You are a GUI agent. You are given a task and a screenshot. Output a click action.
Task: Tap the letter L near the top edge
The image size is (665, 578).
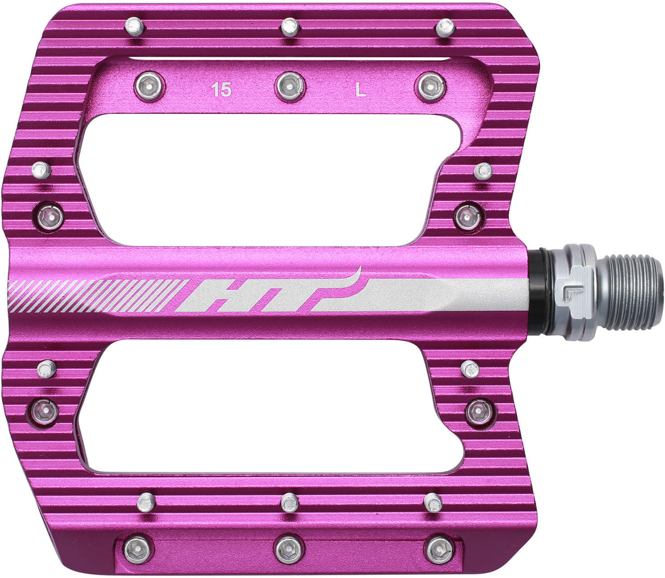[x=360, y=90]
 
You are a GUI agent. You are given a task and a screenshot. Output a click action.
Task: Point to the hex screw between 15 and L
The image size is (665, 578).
[x=290, y=87]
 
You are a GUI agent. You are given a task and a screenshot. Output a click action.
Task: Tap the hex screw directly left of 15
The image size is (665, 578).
[x=148, y=86]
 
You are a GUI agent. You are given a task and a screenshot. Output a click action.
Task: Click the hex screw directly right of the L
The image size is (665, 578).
[x=432, y=87]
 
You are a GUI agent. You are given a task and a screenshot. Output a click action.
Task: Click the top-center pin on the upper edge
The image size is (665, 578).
[x=290, y=26]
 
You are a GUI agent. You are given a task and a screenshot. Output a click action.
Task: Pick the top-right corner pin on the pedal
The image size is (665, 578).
[x=445, y=27]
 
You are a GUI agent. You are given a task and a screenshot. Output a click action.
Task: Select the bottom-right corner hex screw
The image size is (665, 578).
[x=439, y=550]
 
